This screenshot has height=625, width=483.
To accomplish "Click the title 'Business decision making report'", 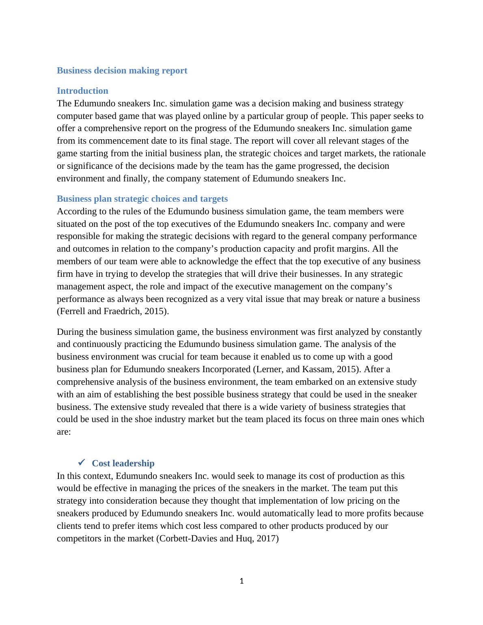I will [x=122, y=71].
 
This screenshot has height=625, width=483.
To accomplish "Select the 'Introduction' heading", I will [x=82, y=91].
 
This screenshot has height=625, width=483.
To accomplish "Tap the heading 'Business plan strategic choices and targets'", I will [x=142, y=199].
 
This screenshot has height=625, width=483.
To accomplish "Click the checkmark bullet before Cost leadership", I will [x=81, y=463].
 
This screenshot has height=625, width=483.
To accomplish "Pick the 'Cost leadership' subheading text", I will [x=123, y=463].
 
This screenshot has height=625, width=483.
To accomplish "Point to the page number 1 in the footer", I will [x=241, y=581].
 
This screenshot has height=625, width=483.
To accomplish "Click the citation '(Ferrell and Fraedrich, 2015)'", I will [x=112, y=311].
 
